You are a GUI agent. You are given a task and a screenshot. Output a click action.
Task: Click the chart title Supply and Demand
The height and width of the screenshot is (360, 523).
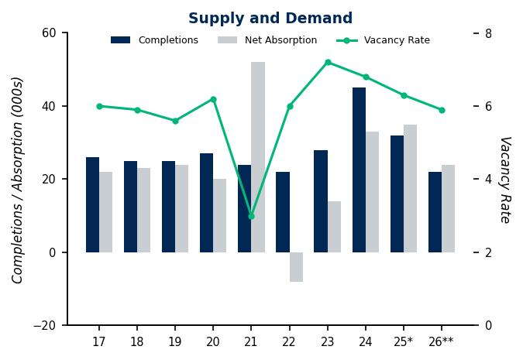tap(270, 19)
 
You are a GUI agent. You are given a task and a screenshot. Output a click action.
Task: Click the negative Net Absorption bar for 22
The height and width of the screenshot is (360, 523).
tap(296, 267)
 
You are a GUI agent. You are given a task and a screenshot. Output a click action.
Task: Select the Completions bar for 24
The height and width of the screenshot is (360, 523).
tap(359, 170)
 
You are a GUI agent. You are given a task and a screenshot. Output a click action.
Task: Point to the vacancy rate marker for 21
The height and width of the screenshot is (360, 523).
tap(251, 216)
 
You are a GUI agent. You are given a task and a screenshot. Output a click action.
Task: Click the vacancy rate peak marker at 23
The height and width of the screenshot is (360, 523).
tap(328, 62)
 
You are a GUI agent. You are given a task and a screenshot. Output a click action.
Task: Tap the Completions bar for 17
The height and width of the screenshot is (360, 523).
tap(92, 204)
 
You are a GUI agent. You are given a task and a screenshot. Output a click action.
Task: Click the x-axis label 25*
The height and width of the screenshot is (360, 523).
tap(404, 341)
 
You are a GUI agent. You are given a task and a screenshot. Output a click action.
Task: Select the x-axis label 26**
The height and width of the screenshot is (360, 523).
tap(442, 341)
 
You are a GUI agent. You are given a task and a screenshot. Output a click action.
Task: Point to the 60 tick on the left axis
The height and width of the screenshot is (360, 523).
tap(50, 33)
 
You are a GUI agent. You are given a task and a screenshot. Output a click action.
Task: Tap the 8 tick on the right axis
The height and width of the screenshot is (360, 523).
tap(488, 33)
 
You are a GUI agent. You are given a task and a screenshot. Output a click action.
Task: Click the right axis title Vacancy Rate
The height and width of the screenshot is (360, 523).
tap(504, 180)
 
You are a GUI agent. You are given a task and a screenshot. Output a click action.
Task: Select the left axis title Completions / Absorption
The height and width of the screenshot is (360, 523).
tap(18, 180)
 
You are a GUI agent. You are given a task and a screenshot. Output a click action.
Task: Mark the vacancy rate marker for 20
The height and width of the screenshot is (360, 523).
tap(213, 99)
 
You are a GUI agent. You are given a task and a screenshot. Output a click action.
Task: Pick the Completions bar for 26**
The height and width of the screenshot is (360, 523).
tap(435, 212)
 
